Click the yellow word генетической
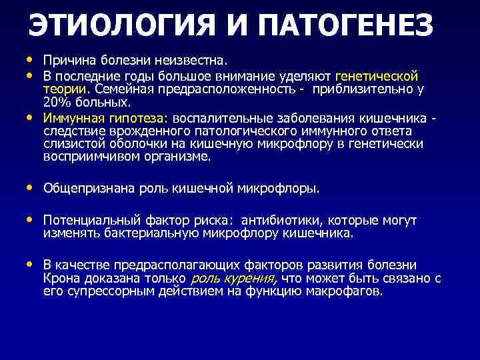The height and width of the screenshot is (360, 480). pos(377,77)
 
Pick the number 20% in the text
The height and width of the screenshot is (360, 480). pos(56,102)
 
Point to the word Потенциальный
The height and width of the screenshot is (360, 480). pos(86,221)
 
